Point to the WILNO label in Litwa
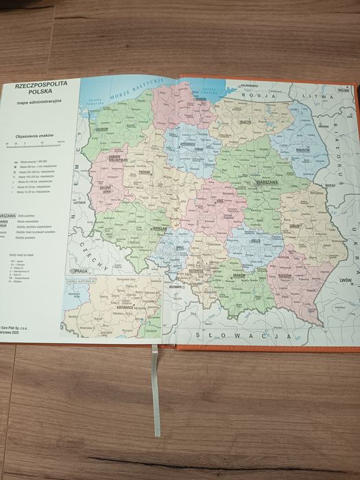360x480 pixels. [343, 89]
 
